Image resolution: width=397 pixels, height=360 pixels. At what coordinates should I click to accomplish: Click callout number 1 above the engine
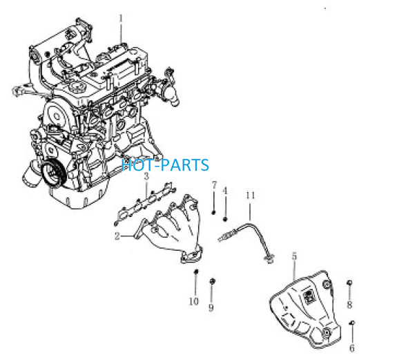tap(121, 19)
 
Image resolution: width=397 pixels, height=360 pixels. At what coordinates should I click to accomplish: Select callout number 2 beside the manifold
tap(117, 236)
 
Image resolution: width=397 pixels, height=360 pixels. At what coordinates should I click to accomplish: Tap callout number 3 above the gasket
tap(146, 176)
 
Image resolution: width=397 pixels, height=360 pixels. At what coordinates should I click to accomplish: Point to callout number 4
tap(225, 191)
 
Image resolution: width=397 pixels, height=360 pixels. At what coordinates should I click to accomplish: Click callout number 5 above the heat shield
tap(294, 256)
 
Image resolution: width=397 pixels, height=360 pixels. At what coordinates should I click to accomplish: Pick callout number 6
tap(352, 348)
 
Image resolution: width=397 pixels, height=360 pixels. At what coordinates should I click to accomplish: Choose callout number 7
tap(214, 185)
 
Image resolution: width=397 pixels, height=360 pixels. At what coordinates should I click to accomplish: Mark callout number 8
tap(349, 305)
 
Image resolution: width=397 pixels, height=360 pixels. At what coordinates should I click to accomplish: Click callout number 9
tap(211, 307)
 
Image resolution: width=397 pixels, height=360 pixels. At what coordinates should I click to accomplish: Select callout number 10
tap(194, 301)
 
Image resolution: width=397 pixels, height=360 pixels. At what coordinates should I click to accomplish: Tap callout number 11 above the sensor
tap(250, 196)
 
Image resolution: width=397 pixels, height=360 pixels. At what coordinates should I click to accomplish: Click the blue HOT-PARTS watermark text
tap(165, 165)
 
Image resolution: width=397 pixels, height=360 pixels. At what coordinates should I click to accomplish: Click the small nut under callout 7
tap(213, 212)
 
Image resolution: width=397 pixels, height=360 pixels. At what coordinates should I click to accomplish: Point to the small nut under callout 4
tap(225, 219)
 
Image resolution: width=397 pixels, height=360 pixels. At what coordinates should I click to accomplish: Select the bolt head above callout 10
tap(196, 272)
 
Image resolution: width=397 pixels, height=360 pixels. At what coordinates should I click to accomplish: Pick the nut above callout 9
tap(213, 281)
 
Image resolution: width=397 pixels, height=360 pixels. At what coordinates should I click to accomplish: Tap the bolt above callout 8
tap(349, 283)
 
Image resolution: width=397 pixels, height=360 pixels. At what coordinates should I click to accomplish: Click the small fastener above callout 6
tap(352, 323)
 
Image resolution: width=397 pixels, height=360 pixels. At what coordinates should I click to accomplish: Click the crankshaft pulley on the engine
tap(53, 173)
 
